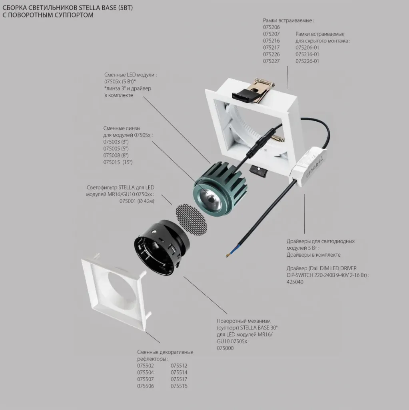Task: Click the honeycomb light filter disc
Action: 192,219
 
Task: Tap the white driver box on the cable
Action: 309,167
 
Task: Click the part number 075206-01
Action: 307,48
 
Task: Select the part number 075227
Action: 271,61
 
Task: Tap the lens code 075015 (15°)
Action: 118,162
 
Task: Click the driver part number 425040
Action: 295,282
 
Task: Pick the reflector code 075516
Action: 179,386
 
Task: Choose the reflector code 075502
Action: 146,366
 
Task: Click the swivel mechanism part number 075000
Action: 225,348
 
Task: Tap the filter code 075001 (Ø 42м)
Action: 137,201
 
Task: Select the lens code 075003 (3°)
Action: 116,142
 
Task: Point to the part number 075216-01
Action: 307,54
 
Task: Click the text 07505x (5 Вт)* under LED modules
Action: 120,82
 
